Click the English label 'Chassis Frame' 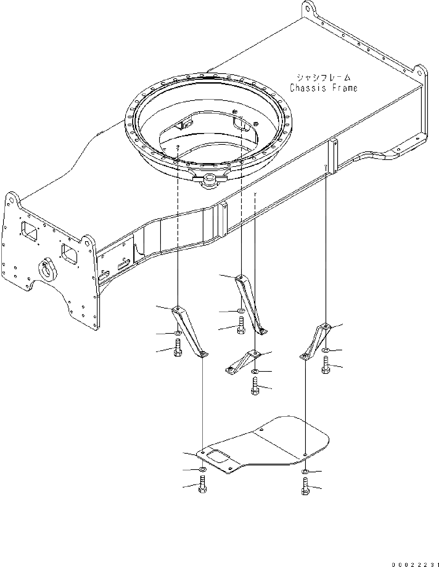(323, 88)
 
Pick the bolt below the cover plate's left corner (202, 484)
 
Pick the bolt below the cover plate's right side (305, 486)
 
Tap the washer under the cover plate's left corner (203, 470)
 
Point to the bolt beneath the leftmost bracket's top (178, 348)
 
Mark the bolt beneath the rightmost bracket (326, 365)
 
